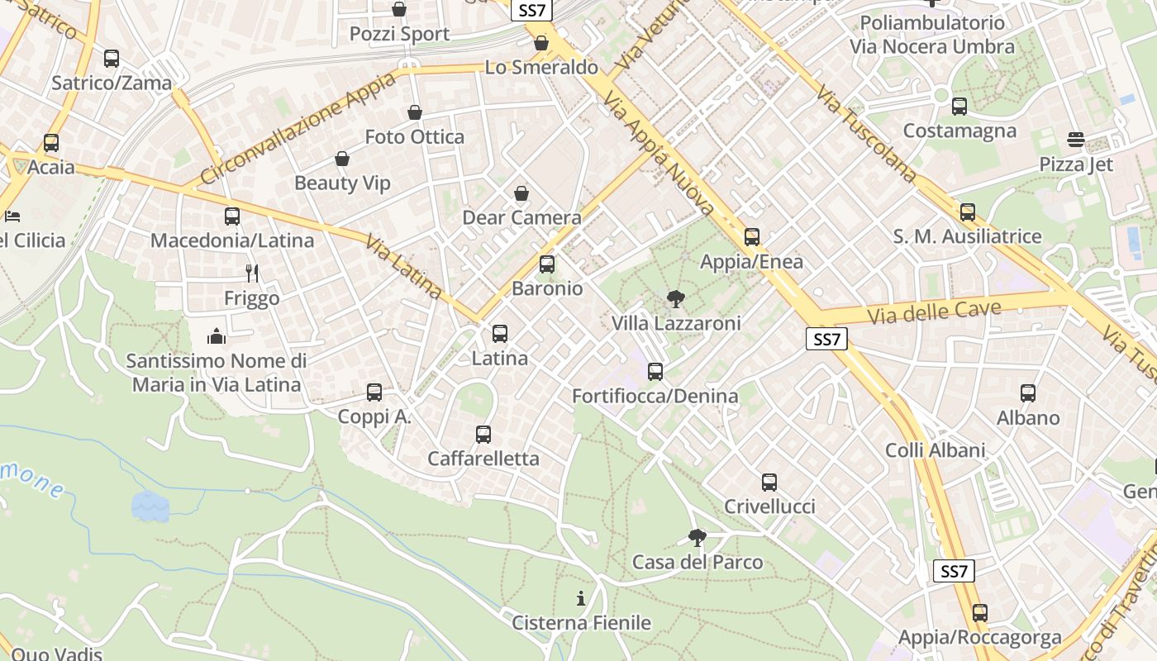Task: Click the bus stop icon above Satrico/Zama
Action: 112,59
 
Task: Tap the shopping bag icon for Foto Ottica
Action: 415,112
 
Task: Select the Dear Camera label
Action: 521,218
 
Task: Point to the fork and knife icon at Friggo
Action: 252,273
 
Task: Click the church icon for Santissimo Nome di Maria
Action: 217,336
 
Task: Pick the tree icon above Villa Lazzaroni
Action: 676,299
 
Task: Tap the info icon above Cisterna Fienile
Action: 581,598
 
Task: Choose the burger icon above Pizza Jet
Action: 1075,140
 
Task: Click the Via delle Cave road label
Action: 934,312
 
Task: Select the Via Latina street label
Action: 404,268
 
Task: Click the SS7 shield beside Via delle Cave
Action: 826,339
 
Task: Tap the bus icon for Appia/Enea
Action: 752,237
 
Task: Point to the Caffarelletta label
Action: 483,459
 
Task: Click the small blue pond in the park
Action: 150,506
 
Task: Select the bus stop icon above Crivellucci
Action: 769,483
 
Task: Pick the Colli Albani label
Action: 936,450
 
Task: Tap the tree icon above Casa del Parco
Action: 698,538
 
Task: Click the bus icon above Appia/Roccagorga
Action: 980,613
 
